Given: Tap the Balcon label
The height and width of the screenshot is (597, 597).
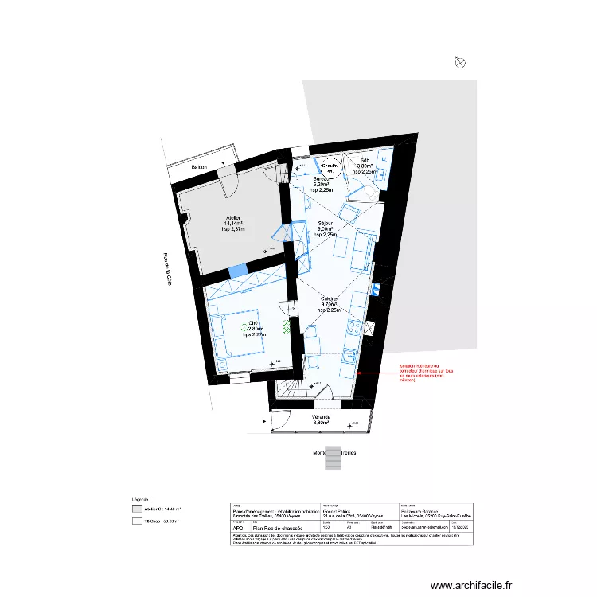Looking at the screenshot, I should tap(197, 168).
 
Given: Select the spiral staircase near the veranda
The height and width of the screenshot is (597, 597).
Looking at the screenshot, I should tap(291, 390).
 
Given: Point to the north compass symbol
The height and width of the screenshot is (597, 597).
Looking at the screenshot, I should tap(459, 62).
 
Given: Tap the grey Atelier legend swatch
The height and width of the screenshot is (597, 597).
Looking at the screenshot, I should tap(137, 508).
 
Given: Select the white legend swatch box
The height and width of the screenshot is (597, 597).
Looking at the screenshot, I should tap(137, 522).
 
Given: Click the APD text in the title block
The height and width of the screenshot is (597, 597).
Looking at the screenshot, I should tap(236, 527).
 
